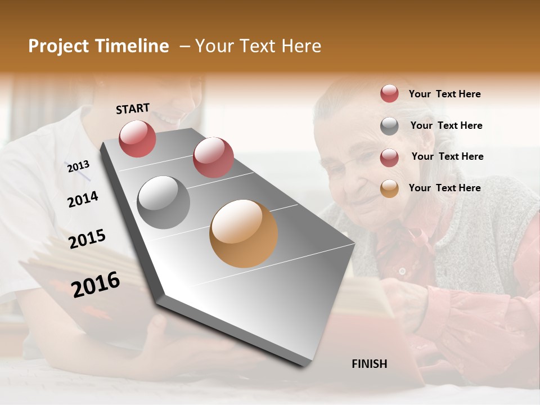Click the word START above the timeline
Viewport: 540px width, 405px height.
(x=133, y=109)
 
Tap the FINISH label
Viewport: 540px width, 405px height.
(x=369, y=364)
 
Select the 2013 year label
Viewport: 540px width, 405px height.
(x=78, y=166)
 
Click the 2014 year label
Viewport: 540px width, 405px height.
(x=83, y=199)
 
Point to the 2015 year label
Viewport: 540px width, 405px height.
(x=87, y=239)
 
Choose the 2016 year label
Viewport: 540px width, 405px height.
(x=96, y=284)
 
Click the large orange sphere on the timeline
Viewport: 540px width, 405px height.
(x=244, y=233)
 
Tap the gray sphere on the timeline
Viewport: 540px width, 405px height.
(x=163, y=202)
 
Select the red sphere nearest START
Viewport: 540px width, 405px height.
(x=137, y=138)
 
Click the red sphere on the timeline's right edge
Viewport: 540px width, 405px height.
(x=213, y=157)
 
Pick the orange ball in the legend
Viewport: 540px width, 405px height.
(x=389, y=188)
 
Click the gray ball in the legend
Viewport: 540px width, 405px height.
(x=389, y=126)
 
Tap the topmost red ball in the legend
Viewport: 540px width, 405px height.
(x=389, y=93)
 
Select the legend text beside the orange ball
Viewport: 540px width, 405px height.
(x=444, y=188)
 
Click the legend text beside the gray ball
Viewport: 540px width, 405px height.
(x=446, y=125)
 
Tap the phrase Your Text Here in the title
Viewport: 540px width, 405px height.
(x=258, y=46)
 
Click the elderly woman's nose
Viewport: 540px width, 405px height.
(x=358, y=179)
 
